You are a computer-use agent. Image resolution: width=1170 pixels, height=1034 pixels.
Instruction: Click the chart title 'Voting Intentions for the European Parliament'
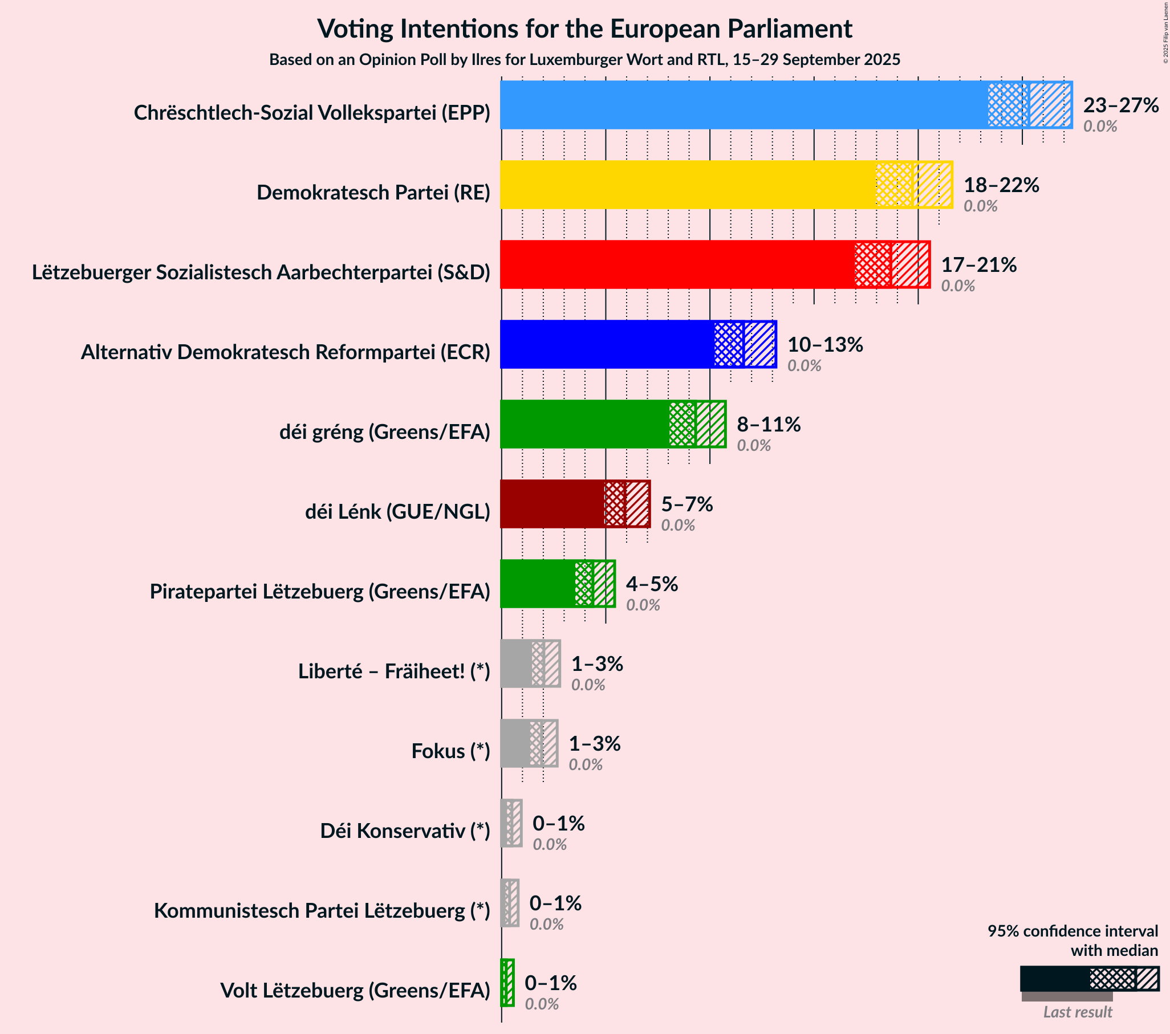pyautogui.click(x=584, y=29)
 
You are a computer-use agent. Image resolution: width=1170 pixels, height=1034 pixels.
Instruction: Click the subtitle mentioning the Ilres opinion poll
pyautogui.click(x=584, y=59)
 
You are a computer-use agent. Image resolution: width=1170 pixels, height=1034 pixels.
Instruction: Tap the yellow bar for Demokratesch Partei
pyautogui.click(x=687, y=185)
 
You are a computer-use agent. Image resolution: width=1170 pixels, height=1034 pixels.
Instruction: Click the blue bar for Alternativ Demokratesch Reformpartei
pyautogui.click(x=607, y=344)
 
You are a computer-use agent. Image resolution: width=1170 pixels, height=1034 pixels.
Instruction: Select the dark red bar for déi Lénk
pyautogui.click(x=552, y=503)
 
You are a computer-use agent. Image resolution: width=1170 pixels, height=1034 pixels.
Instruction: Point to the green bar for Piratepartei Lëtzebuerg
pyautogui.click(x=538, y=584)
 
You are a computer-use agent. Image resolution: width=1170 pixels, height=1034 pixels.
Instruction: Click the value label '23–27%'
pyautogui.click(x=1120, y=105)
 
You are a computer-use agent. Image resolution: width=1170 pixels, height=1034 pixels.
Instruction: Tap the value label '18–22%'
pyautogui.click(x=1001, y=185)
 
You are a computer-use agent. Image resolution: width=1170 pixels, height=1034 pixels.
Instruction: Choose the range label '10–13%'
pyautogui.click(x=824, y=344)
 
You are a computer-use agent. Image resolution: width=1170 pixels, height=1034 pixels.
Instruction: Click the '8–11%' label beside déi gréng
pyautogui.click(x=768, y=424)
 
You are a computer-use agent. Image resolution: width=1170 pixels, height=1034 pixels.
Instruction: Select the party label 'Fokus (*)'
pyautogui.click(x=450, y=751)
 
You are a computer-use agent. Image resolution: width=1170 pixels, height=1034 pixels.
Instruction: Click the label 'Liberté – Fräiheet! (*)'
pyautogui.click(x=394, y=671)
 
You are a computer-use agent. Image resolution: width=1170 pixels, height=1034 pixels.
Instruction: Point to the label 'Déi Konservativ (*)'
pyautogui.click(x=405, y=831)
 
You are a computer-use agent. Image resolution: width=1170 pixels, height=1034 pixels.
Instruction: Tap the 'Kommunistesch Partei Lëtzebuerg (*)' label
pyautogui.click(x=322, y=910)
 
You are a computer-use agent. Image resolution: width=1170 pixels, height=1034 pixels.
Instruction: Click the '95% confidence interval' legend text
pyautogui.click(x=1071, y=931)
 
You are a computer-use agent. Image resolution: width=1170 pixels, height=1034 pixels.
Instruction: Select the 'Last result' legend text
pyautogui.click(x=1076, y=1012)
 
